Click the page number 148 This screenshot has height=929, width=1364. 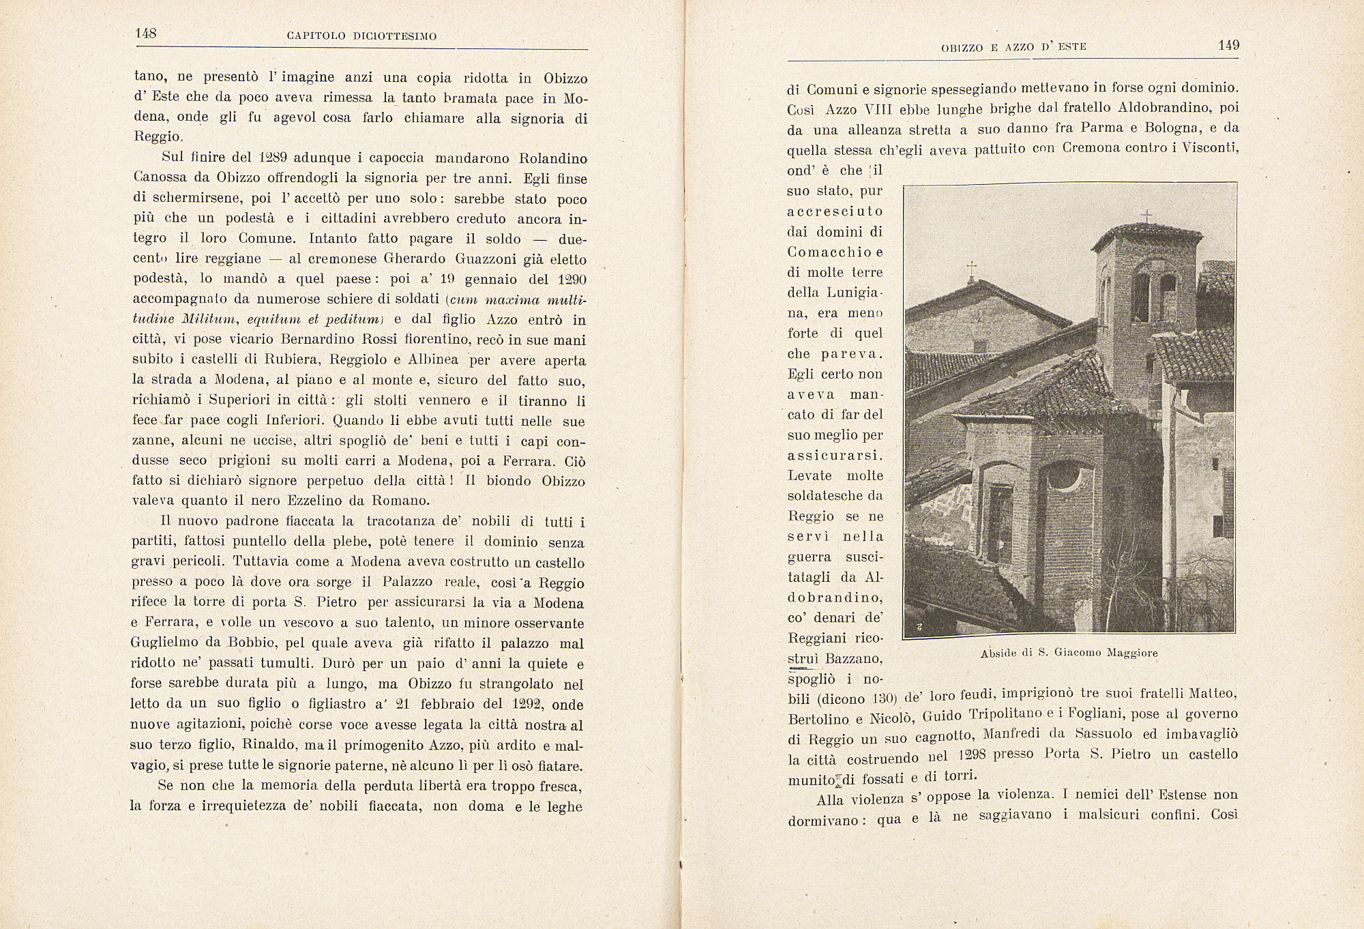click(146, 33)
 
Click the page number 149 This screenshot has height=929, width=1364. click(1228, 46)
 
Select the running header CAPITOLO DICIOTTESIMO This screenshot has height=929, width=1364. click(361, 36)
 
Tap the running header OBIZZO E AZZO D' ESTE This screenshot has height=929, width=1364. click(1013, 47)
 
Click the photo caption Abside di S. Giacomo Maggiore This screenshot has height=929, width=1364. click(1069, 653)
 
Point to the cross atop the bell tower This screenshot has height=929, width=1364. click(1146, 217)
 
